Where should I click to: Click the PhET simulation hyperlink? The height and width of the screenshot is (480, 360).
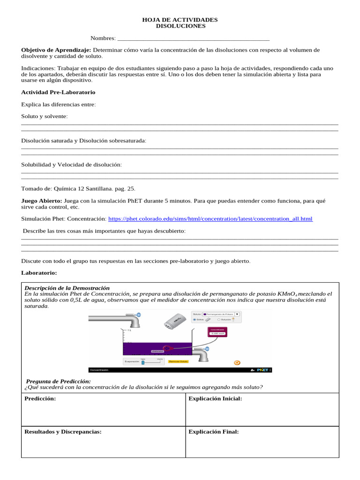click(x=210, y=219)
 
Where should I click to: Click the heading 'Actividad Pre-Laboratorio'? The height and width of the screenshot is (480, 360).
click(x=58, y=92)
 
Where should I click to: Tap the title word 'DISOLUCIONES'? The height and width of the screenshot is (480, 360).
click(x=180, y=26)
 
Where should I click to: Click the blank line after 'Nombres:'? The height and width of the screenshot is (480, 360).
click(x=193, y=38)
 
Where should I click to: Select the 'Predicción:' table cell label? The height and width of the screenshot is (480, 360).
click(x=40, y=398)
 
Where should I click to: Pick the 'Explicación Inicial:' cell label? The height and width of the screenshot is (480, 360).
click(x=215, y=398)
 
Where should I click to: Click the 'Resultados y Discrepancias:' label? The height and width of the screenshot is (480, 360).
click(x=63, y=432)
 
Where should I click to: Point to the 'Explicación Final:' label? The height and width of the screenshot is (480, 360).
click(x=213, y=432)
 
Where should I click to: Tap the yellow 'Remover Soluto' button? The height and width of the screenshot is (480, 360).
click(x=178, y=362)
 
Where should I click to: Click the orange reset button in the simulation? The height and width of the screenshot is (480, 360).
click(x=237, y=362)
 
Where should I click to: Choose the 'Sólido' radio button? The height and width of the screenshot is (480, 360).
click(x=195, y=319)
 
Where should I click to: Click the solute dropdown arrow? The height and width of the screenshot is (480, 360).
click(x=237, y=314)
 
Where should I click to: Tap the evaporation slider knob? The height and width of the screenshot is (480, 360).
click(x=143, y=362)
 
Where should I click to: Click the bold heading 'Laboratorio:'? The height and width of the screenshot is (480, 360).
click(x=39, y=272)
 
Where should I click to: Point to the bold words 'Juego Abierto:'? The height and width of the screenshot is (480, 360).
click(x=42, y=201)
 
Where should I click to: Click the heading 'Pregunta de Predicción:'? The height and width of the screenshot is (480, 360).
click(x=58, y=382)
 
